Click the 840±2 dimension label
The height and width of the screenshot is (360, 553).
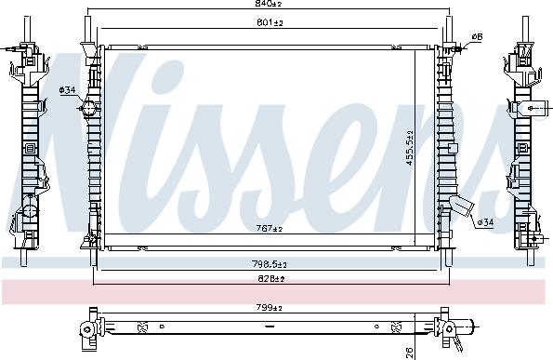(x=270, y=6)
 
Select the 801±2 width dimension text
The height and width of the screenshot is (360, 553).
(x=270, y=23)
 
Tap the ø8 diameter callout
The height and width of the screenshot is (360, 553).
(x=477, y=36)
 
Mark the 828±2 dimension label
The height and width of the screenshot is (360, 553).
(x=270, y=278)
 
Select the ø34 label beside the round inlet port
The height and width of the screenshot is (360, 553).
(x=68, y=89)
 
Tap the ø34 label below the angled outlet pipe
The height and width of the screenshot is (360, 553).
(x=484, y=222)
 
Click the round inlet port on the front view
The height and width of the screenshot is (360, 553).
(x=88, y=109)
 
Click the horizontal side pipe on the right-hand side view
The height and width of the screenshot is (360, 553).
(x=538, y=109)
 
